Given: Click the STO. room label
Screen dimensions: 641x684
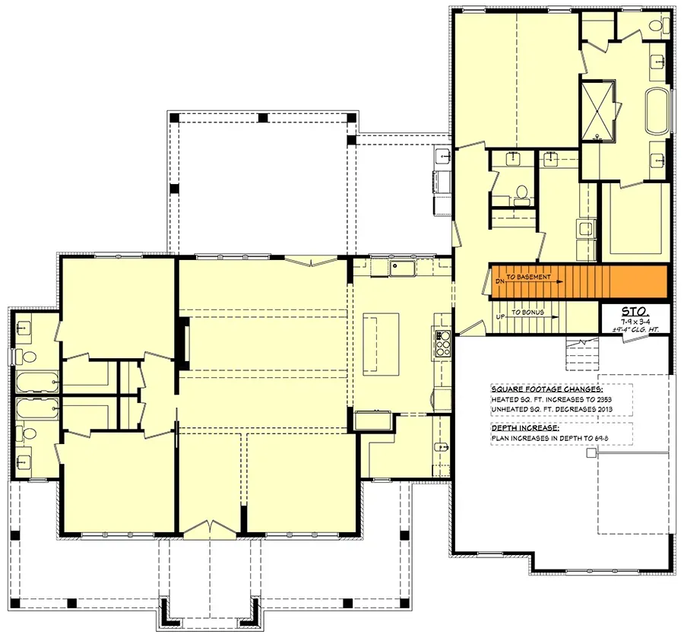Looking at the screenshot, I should coord(635,311).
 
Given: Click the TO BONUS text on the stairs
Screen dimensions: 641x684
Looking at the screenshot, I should coord(527,313).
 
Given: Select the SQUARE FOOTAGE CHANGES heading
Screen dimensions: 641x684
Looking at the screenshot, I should coord(540,387).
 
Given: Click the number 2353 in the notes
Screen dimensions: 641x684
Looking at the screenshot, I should coord(603,398).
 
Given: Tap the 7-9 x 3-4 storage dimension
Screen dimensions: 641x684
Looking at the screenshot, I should coord(634,322).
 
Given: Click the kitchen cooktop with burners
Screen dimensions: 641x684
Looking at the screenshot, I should coord(442,343).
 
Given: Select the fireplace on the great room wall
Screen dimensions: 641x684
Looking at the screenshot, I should coord(182,343).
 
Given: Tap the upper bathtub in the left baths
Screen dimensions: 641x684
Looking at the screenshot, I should coord(36,380).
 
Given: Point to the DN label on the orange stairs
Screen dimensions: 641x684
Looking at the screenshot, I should coord(499,281).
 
